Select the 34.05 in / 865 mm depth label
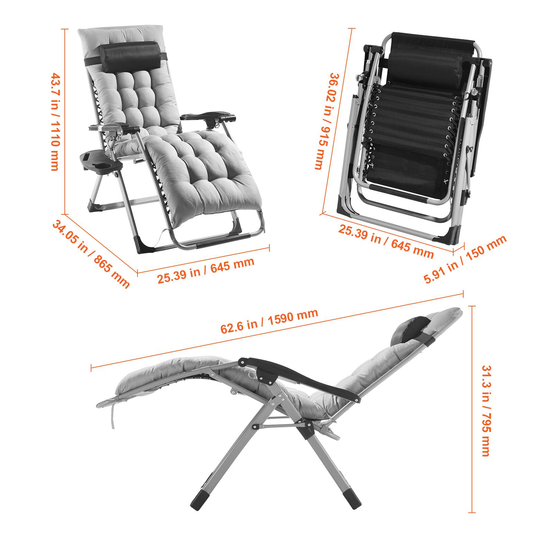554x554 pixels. [x=91, y=254]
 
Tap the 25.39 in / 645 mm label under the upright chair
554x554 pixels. [x=206, y=271]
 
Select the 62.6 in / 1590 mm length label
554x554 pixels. [x=269, y=321]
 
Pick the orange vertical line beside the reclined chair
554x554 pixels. [x=473, y=409]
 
